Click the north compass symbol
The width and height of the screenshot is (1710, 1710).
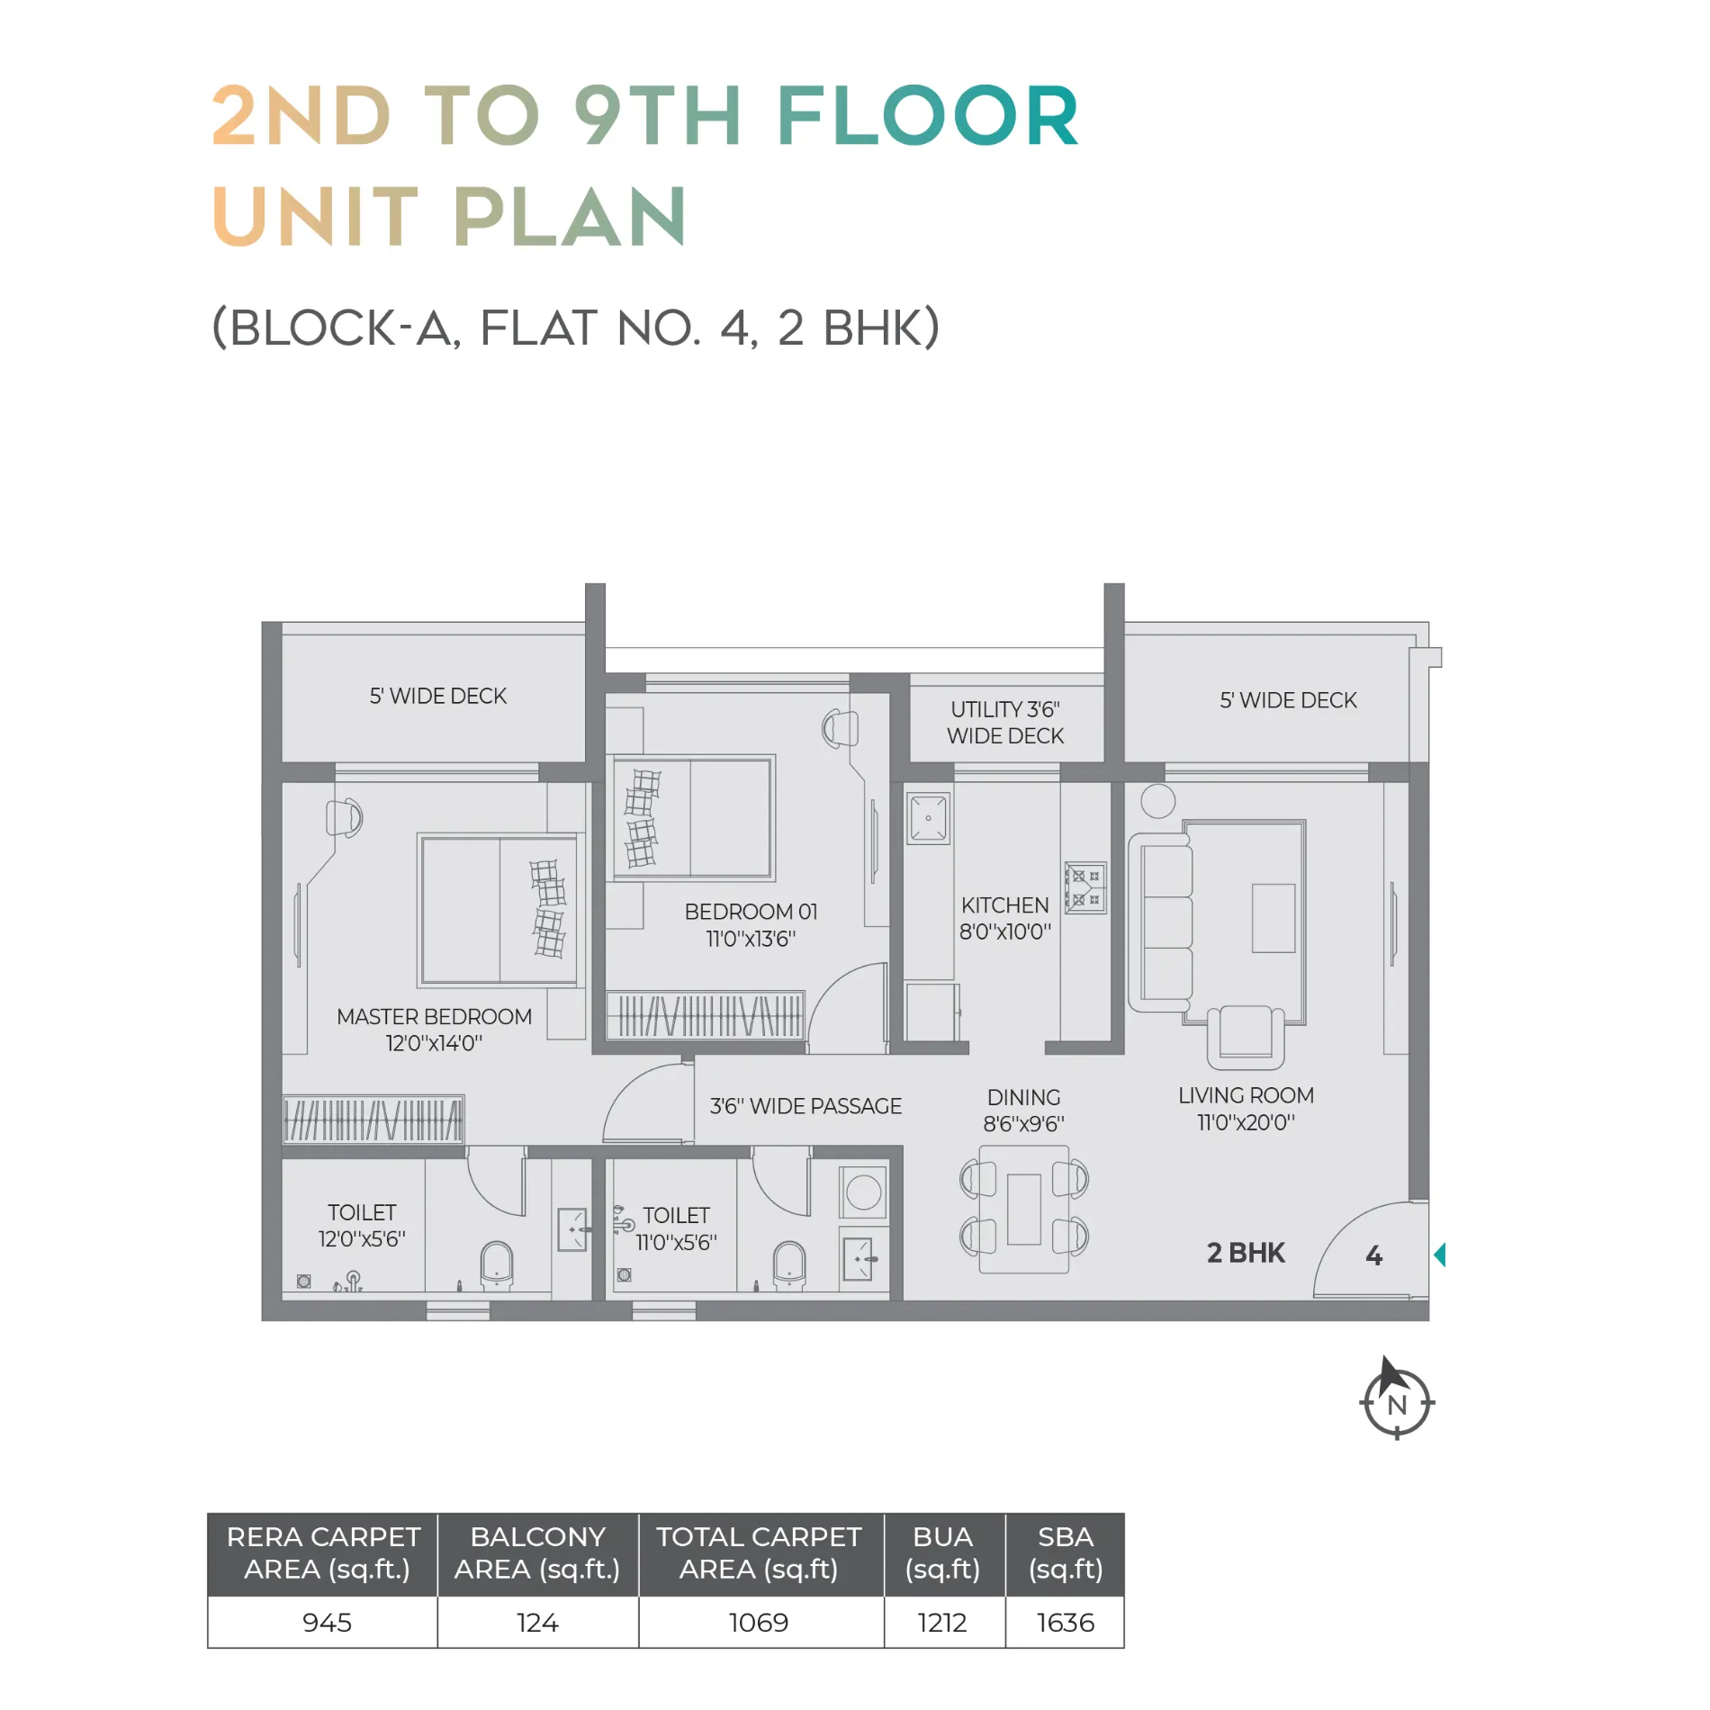point(1396,1399)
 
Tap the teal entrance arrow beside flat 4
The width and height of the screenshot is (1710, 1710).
point(1439,1255)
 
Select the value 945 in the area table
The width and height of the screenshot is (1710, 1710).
point(327,1623)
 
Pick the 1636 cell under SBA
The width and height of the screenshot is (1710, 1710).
point(1066,1623)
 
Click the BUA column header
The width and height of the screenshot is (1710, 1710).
point(943,1553)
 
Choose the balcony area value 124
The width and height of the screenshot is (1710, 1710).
point(537,1623)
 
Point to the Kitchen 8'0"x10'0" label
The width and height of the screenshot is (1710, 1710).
point(1005,919)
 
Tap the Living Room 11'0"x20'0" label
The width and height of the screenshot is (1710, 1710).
point(1246,1109)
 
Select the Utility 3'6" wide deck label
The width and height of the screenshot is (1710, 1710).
point(1005,723)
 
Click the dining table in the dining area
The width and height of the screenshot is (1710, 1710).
point(1024,1210)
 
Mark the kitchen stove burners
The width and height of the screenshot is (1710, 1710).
point(1085,887)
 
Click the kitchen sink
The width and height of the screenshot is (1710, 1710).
point(928,818)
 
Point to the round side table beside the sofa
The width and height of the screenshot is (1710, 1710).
point(1158,801)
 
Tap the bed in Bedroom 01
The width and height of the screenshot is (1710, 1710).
point(693,817)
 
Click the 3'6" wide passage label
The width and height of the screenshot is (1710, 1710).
point(805,1106)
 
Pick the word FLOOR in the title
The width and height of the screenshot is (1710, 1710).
point(927,116)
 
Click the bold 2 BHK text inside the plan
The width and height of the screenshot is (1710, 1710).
point(1246,1253)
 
